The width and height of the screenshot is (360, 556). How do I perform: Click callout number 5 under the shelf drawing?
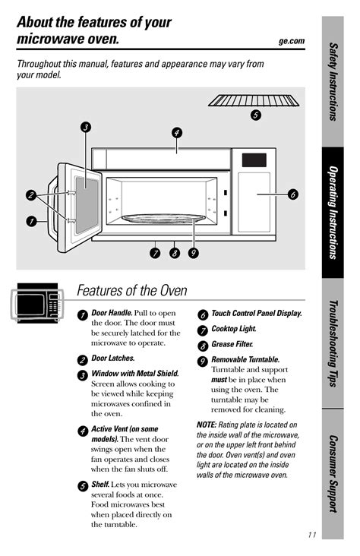(255, 115)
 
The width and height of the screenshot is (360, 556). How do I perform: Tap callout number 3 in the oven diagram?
(86, 127)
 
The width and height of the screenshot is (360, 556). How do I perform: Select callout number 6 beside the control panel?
(292, 194)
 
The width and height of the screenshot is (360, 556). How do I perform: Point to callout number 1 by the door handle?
(32, 222)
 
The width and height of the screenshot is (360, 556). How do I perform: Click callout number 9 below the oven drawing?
(193, 253)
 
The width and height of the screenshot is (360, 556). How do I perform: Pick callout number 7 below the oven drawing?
(155, 253)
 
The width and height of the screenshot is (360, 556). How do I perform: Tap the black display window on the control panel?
(254, 160)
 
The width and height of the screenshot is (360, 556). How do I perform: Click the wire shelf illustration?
(254, 100)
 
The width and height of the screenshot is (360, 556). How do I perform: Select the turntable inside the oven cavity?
(163, 219)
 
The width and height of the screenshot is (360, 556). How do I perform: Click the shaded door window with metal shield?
(87, 205)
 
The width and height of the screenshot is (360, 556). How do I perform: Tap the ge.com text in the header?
(292, 41)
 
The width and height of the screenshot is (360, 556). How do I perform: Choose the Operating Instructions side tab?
(333, 213)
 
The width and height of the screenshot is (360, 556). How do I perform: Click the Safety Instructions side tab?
(333, 81)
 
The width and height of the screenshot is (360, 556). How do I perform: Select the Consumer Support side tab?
(333, 474)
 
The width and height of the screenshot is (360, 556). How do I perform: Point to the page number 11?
(312, 535)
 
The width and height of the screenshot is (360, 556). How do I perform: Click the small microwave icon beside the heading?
(37, 303)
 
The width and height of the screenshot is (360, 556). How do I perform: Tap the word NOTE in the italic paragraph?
(207, 425)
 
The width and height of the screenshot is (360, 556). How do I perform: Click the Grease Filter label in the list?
(232, 344)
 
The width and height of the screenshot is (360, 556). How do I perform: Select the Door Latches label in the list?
(113, 359)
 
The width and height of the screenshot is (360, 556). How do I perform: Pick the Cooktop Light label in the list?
(234, 329)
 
